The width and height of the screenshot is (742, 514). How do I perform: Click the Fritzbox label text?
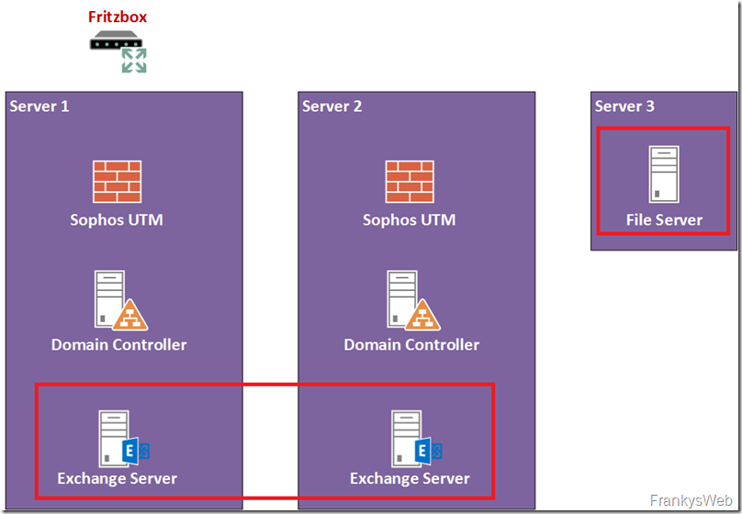[117, 17]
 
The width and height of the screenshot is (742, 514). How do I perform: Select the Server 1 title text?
[39, 106]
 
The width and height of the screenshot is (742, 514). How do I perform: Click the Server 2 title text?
[332, 106]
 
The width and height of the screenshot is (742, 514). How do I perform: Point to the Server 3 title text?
[624, 106]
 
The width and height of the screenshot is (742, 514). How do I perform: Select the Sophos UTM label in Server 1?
[117, 219]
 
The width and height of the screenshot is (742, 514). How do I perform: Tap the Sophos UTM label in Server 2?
[409, 219]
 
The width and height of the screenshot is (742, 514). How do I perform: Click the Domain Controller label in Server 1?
[118, 345]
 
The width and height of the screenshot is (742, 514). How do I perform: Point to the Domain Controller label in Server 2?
[411, 345]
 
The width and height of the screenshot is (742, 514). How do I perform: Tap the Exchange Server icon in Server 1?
[122, 438]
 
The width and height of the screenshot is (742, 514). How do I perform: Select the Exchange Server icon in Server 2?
[415, 438]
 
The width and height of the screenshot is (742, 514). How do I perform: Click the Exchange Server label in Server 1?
[117, 478]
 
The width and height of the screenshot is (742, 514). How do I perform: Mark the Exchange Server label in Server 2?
[410, 478]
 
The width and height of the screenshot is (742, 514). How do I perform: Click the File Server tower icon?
[663, 174]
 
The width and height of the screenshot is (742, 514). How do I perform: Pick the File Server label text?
[664, 219]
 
